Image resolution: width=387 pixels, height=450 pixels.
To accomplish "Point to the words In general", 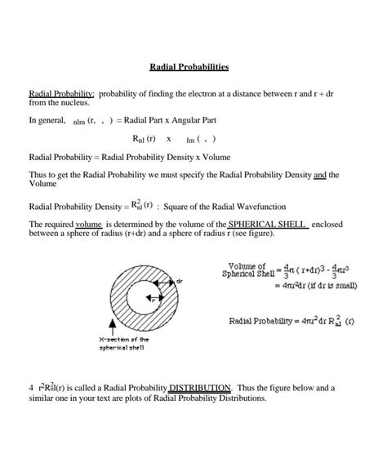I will click(x=47, y=120).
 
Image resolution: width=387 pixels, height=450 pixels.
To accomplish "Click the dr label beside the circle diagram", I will click(x=179, y=280).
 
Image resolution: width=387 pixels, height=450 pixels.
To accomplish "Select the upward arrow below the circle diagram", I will click(x=110, y=327).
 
